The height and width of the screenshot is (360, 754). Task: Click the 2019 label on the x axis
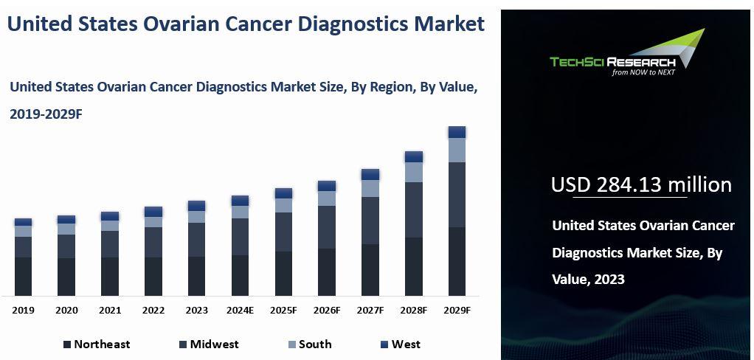[23, 311]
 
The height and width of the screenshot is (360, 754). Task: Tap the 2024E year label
[240, 311]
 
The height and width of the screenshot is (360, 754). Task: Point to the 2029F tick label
[457, 311]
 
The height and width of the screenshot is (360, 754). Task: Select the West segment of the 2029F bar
[457, 132]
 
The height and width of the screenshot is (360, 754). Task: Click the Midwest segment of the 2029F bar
[457, 195]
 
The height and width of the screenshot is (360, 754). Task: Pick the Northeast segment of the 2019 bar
[23, 277]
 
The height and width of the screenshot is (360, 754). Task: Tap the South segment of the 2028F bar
[414, 172]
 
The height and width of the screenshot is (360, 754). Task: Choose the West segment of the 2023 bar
[197, 206]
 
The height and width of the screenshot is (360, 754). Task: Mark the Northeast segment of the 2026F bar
[327, 272]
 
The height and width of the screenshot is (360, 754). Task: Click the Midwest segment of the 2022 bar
[153, 242]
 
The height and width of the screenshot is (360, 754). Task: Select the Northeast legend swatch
[67, 345]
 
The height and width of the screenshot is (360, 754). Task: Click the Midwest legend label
[214, 344]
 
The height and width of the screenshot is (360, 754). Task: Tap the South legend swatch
[292, 345]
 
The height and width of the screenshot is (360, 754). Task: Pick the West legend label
[406, 344]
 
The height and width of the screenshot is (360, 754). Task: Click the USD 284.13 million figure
[641, 184]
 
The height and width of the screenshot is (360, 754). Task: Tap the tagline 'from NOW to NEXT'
[643, 72]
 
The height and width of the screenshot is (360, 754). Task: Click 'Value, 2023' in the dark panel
[588, 280]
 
